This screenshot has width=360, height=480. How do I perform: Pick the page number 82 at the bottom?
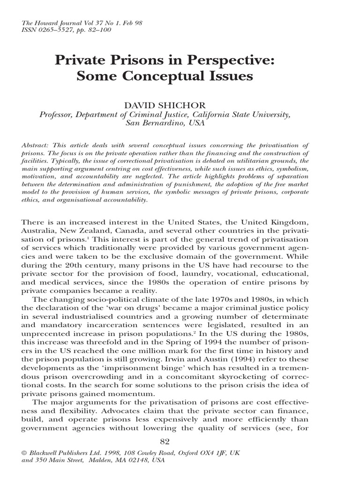click(x=165, y=442)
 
